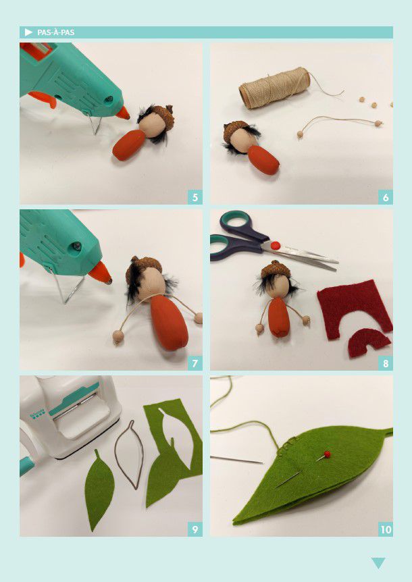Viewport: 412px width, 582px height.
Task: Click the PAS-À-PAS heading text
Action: pyautogui.click(x=55, y=32)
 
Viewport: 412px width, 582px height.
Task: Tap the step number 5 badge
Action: pyautogui.click(x=195, y=197)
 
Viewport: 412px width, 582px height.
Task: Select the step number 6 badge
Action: pyautogui.click(x=386, y=197)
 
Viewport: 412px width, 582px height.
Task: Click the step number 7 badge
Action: pyautogui.click(x=195, y=363)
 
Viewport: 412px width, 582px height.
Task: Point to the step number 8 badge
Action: pyautogui.click(x=386, y=363)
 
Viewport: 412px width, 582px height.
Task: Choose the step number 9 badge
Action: pyautogui.click(x=195, y=529)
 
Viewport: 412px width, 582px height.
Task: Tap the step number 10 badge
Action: pyautogui.click(x=386, y=529)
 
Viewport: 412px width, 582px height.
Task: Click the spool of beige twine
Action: pyautogui.click(x=275, y=88)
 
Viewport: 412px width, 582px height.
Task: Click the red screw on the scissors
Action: pyautogui.click(x=275, y=245)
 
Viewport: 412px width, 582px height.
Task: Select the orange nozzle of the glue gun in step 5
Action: pyautogui.click(x=122, y=113)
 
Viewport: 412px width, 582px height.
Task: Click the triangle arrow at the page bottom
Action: pyautogui.click(x=378, y=562)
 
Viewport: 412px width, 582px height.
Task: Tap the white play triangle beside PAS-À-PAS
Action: pyautogui.click(x=28, y=32)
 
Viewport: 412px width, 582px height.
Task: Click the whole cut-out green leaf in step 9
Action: pyautogui.click(x=99, y=490)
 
